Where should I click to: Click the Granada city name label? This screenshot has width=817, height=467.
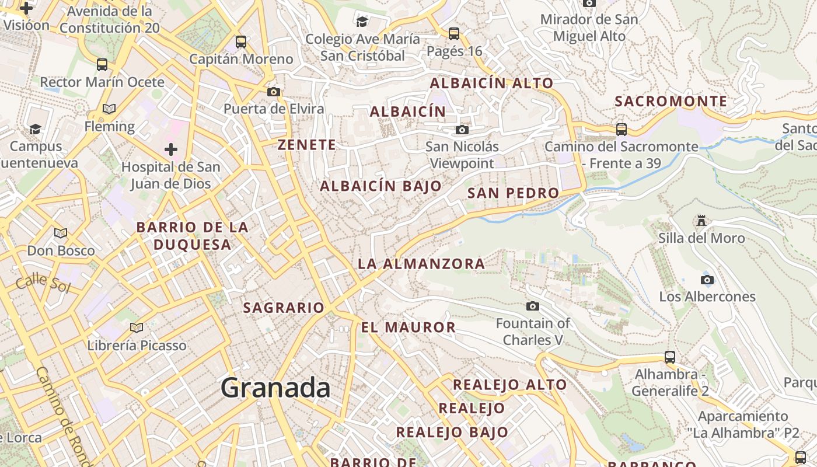(x=275, y=388)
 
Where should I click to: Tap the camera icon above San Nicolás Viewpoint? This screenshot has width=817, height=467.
(x=462, y=130)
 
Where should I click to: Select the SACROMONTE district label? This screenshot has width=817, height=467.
(x=671, y=101)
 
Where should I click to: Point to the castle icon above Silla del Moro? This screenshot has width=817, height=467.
(x=701, y=221)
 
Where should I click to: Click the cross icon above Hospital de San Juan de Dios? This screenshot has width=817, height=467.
(x=171, y=150)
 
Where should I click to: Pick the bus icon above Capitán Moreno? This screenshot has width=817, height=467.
(x=241, y=42)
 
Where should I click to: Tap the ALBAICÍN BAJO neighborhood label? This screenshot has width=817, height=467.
(x=380, y=186)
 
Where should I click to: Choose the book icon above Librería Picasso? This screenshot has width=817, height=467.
(x=137, y=328)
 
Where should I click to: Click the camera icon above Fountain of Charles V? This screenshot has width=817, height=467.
(x=533, y=306)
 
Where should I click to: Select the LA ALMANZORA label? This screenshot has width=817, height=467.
(x=421, y=264)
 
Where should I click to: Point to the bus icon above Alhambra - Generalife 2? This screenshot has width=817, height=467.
(x=670, y=357)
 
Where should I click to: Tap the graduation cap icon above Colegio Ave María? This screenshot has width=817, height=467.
(x=362, y=22)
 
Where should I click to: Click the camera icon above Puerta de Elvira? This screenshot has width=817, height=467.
(x=274, y=92)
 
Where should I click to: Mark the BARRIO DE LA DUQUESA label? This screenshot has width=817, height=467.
(x=193, y=236)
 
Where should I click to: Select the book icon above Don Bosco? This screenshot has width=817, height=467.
(x=61, y=233)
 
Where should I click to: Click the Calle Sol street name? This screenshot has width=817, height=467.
(x=43, y=284)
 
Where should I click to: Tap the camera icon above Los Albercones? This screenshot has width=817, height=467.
(x=707, y=280)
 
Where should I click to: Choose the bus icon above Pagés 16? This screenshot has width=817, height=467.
(x=454, y=34)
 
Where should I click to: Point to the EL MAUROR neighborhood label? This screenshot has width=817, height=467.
(x=408, y=327)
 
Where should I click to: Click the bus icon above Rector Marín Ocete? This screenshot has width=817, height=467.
(x=102, y=65)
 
